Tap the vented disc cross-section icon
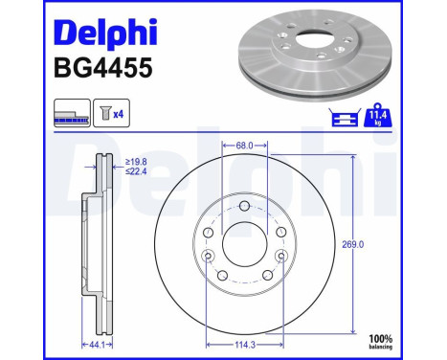(73, 114)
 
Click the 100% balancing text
(409, 342)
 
